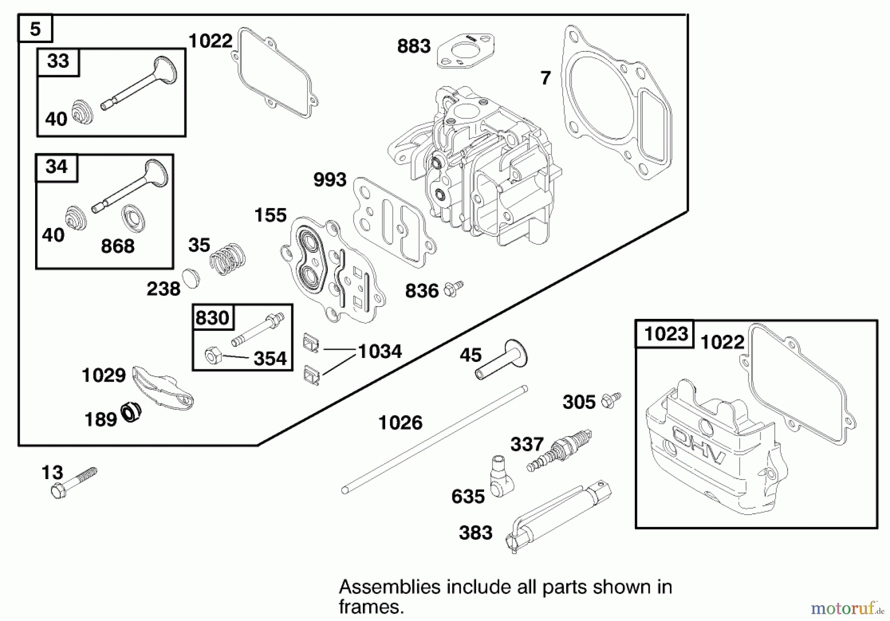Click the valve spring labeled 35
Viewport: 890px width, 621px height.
point(228,259)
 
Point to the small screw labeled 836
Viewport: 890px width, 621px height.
point(453,289)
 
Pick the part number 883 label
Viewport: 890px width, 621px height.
point(414,46)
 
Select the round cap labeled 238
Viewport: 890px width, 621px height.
point(190,278)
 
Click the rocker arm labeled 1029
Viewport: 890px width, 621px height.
point(163,388)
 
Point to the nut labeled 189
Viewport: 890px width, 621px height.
point(131,412)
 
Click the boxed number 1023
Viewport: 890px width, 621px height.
point(666,334)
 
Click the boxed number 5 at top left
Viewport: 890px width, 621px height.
point(35,29)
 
